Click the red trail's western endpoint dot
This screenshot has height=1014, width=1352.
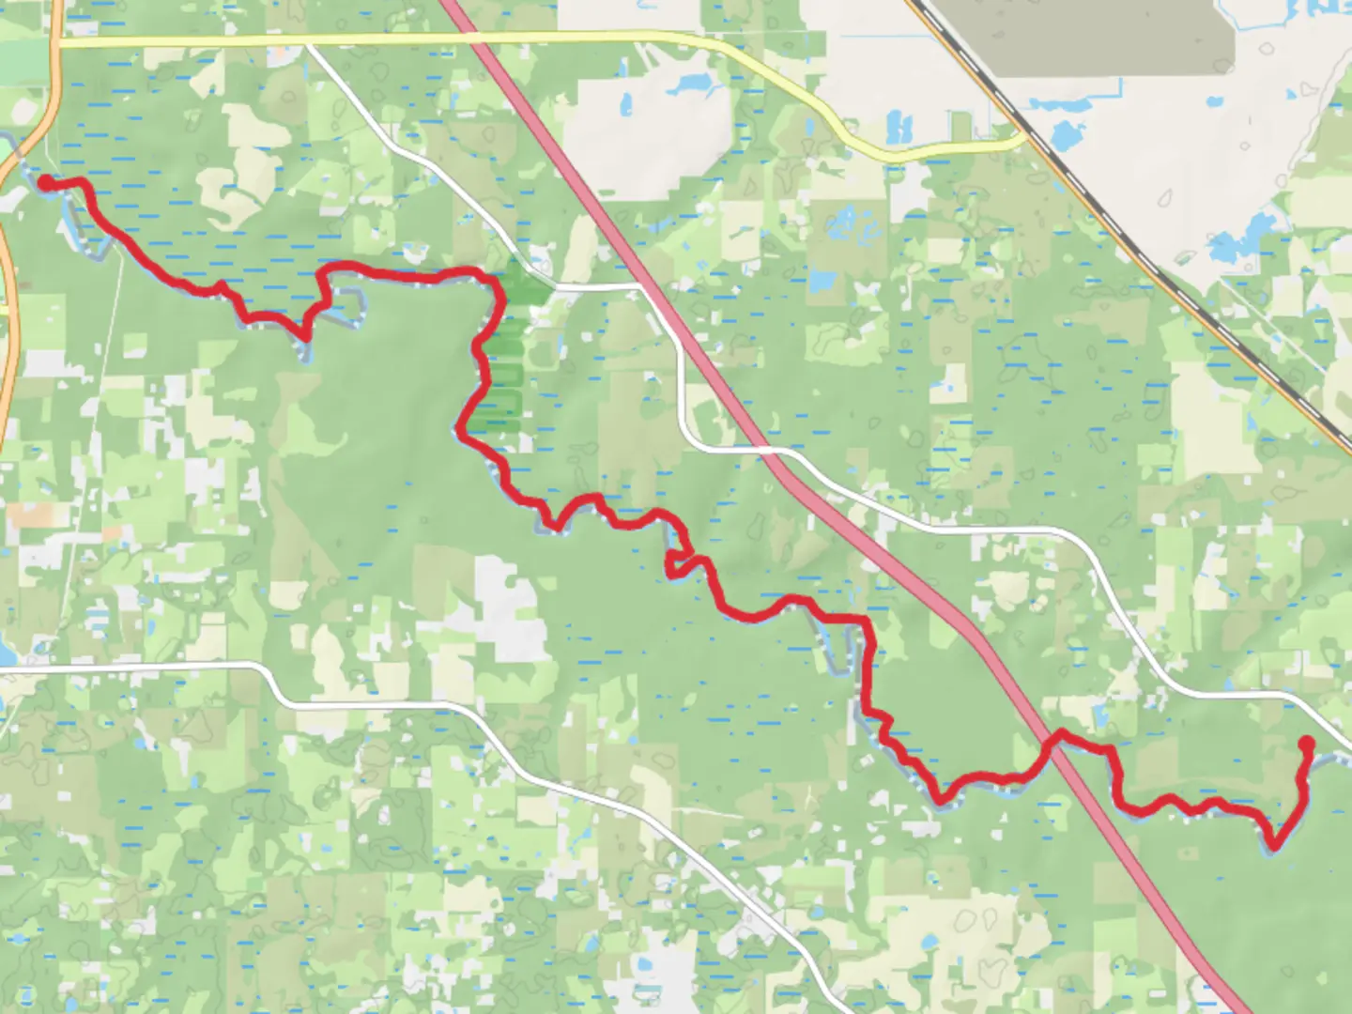pyautogui.click(x=44, y=181)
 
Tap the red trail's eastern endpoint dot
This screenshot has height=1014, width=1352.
pyautogui.click(x=1305, y=745)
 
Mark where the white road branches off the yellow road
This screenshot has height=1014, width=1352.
pyautogui.click(x=308, y=43)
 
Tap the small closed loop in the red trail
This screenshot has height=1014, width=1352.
pyautogui.click(x=678, y=562)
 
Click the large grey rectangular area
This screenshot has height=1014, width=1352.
pyautogui.click(x=1108, y=38)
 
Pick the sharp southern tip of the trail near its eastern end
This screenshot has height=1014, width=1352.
pyautogui.click(x=1273, y=844)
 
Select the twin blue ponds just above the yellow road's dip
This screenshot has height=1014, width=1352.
pyautogui.click(x=899, y=125)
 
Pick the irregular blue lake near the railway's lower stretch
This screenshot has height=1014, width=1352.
pyautogui.click(x=1239, y=240)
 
